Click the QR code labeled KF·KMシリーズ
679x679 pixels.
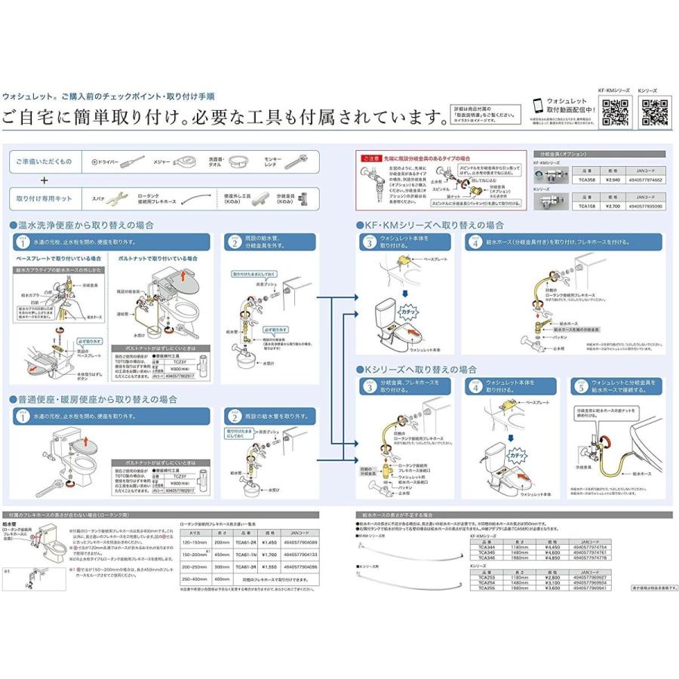tap(614, 113)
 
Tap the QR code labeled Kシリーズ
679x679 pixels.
tap(654, 113)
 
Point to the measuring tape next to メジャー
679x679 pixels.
tap(195, 161)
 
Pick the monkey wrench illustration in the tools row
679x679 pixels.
tap(299, 161)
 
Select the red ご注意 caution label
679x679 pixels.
tap(371, 159)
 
